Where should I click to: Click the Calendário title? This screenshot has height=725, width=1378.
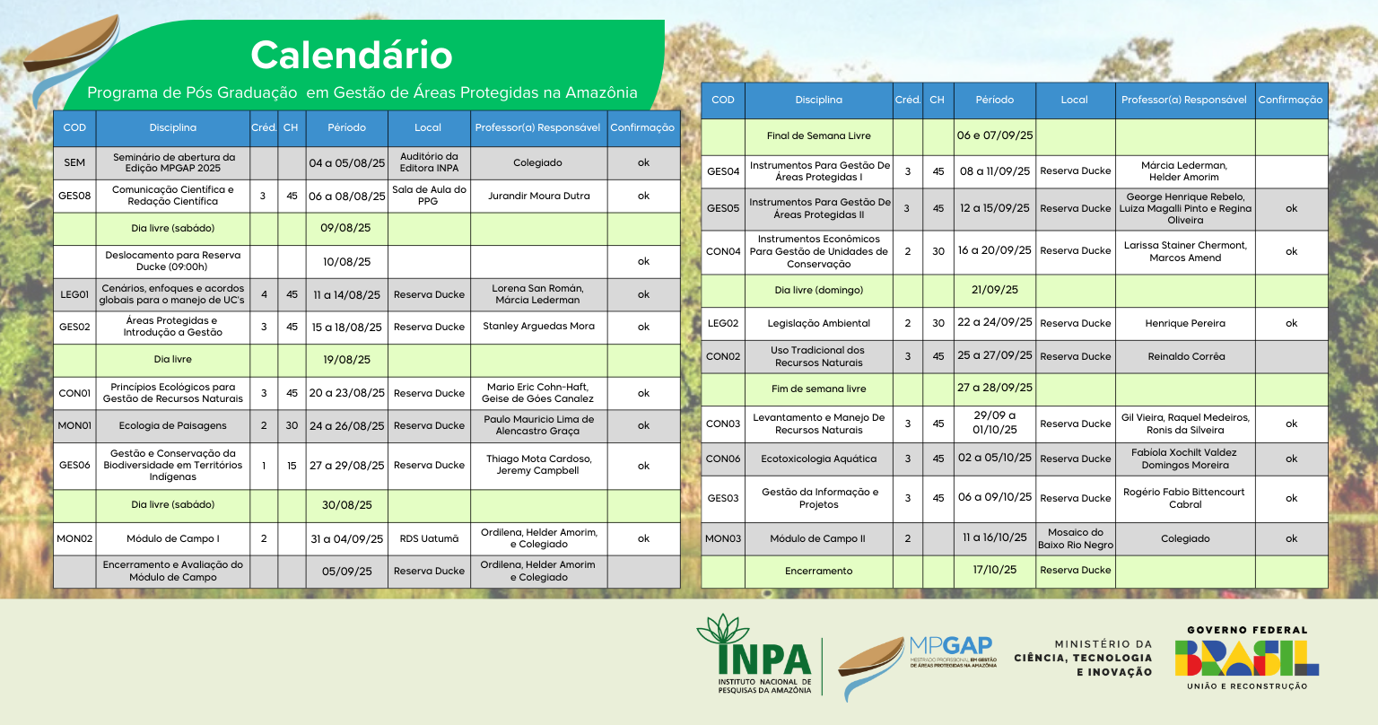pos(351,55)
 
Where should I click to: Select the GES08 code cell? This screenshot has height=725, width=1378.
pos(74,196)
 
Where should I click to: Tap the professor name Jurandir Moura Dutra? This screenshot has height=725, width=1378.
pos(538,196)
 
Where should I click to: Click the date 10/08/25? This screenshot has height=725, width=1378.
pos(346,262)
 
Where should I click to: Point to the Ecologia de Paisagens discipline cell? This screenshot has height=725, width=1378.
pos(172,425)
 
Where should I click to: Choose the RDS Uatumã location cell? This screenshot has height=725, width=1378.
pos(429,538)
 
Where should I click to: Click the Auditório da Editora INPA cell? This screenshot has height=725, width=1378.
pos(429,162)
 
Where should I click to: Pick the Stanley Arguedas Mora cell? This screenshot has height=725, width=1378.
pos(538,327)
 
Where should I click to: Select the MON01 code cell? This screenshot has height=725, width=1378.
pos(74,425)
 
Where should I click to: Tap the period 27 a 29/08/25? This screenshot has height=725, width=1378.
pos(346,466)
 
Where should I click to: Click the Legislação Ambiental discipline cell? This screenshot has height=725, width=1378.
pos(818,323)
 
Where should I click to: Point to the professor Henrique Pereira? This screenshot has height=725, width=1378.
pos(1184,323)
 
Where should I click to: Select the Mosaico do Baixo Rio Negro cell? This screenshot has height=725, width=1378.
pos(1075,538)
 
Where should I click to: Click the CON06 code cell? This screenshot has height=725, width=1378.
pos(722,459)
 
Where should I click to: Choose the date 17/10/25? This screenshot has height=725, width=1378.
pos(994,570)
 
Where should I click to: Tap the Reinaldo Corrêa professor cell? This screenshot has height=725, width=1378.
pos(1184,356)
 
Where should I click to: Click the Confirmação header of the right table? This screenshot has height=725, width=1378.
pos(1290,100)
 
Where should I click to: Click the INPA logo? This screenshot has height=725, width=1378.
pos(754,655)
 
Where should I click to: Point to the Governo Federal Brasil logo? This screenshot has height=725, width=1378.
pos(1246,658)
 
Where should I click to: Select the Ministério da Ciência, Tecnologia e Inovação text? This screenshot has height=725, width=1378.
pos(1083,658)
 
